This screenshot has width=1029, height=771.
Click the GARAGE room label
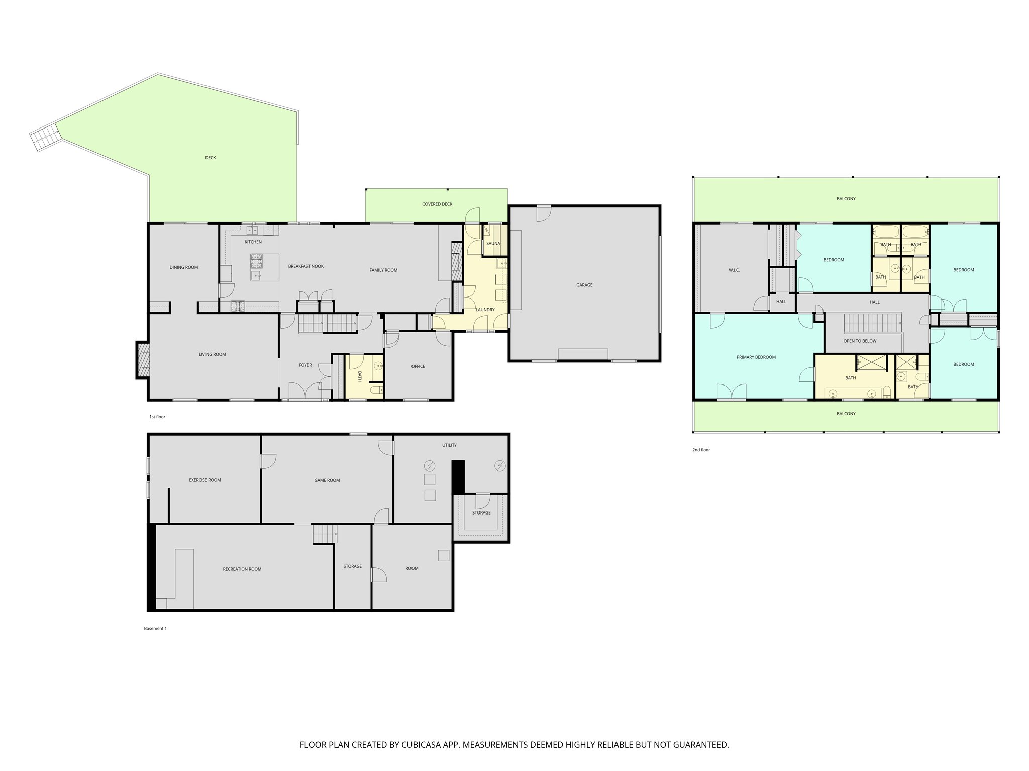pyautogui.click(x=584, y=285)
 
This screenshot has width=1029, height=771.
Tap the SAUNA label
pyautogui.click(x=493, y=244)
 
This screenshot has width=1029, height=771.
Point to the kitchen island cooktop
pyautogui.click(x=256, y=260)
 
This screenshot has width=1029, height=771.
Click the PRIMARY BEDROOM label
pyautogui.click(x=756, y=357)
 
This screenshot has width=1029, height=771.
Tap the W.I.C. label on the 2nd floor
pyautogui.click(x=734, y=270)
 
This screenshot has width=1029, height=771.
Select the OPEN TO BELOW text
pyautogui.click(x=860, y=341)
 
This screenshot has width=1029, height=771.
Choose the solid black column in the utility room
pyautogui.click(x=458, y=476)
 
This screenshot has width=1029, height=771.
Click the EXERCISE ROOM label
pyautogui.click(x=204, y=480)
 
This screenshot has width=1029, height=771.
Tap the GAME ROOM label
pyautogui.click(x=327, y=480)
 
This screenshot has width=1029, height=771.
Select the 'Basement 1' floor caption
pyautogui.click(x=155, y=628)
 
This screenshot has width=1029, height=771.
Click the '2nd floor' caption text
pyautogui.click(x=701, y=450)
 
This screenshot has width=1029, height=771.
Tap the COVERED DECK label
pyautogui.click(x=437, y=204)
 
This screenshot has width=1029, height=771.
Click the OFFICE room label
pyautogui.click(x=418, y=366)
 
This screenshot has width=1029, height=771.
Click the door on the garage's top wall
pyautogui.click(x=543, y=213)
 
